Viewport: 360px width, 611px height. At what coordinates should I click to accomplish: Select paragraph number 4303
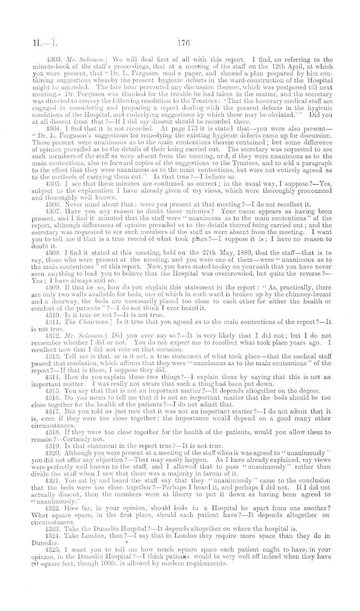(x=54, y=59)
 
